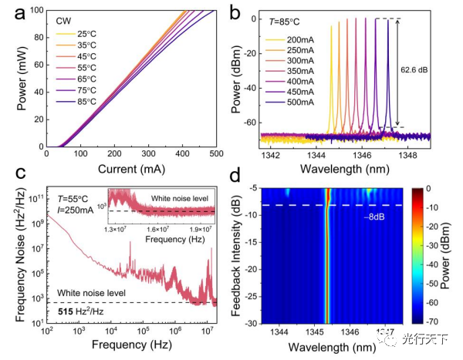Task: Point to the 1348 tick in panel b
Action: pyautogui.click(x=421, y=154)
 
